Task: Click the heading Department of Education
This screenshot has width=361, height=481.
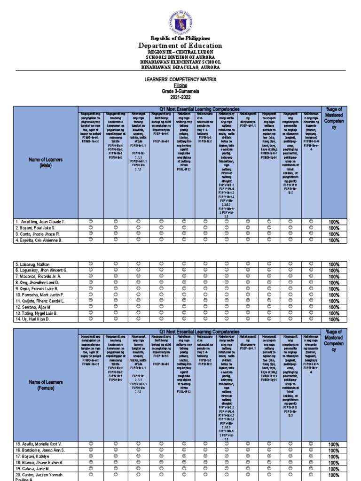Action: click(x=180, y=46)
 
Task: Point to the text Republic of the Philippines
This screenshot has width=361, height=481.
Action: click(x=180, y=38)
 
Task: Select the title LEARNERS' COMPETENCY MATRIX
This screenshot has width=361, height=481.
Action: click(x=180, y=80)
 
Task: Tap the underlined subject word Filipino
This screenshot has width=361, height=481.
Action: click(x=180, y=86)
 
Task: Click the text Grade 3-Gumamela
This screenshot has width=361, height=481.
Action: click(x=180, y=92)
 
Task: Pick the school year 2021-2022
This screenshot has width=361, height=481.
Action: click(x=180, y=98)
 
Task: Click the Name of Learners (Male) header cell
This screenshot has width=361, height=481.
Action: click(x=45, y=163)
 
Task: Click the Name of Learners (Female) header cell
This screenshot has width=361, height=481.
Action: click(x=45, y=385)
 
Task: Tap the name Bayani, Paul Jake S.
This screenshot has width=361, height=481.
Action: click(x=35, y=228)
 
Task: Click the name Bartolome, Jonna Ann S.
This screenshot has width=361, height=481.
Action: click(x=40, y=450)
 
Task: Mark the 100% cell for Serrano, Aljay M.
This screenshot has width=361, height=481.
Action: click(x=334, y=307)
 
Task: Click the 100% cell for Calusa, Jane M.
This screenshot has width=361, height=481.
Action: click(x=334, y=469)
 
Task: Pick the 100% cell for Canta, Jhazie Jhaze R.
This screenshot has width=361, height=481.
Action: click(x=334, y=234)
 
